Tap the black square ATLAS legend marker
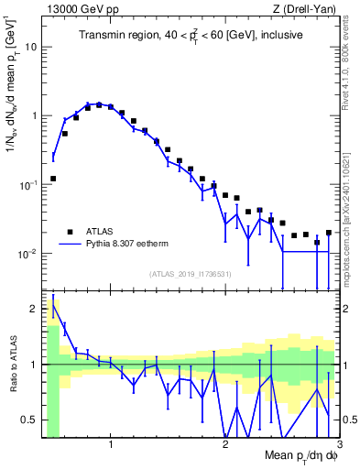tap(68, 231)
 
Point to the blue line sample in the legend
tap(68, 245)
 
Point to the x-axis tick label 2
tap(225, 445)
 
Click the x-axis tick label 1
tap(111, 445)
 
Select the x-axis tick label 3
tap(338, 445)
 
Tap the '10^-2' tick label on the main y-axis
tap(28, 254)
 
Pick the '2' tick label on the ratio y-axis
tap(35, 309)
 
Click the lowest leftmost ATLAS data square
tap(53, 179)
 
